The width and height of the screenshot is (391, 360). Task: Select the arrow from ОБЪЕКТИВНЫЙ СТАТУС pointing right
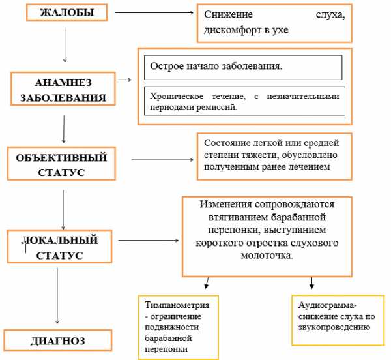(163, 159)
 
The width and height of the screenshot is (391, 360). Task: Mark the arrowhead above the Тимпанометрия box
(207, 284)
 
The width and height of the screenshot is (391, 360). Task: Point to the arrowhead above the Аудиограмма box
(312, 284)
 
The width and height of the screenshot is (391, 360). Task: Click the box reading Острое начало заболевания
(243, 67)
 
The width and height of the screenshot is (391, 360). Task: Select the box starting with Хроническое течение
(243, 101)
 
